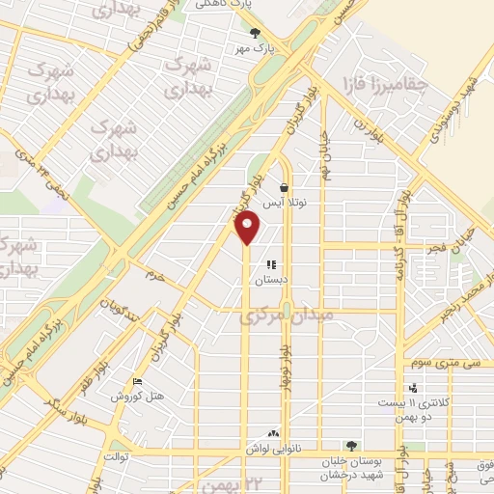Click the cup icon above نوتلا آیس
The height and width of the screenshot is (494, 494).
click(x=284, y=188)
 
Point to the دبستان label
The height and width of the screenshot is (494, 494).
click(x=271, y=280)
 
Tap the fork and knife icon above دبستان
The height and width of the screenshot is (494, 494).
click(x=271, y=263)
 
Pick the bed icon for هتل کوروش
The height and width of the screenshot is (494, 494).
click(x=137, y=381)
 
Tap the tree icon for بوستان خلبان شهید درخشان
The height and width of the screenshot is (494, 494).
click(x=351, y=446)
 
